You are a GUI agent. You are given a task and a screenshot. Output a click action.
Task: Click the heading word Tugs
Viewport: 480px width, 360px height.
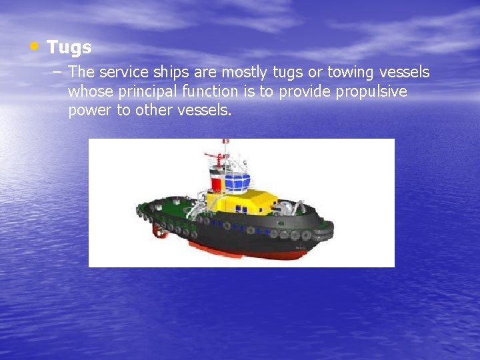point(69,48)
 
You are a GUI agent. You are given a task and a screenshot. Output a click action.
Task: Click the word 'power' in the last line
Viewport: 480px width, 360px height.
point(90,110)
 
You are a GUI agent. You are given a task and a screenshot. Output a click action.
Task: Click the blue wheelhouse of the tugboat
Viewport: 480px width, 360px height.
point(237,180)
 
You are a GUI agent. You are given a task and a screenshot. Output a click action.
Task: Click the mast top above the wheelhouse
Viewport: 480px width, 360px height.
point(225,142)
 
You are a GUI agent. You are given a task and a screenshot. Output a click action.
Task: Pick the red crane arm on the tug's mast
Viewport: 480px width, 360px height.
point(212,157)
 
